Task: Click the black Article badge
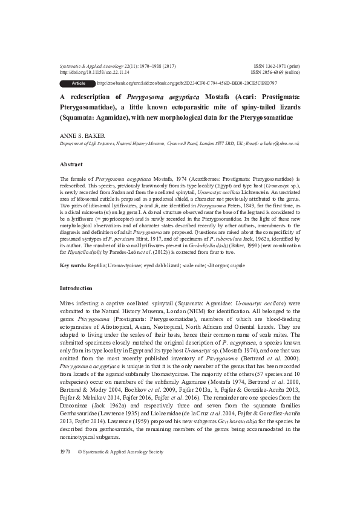(78, 82)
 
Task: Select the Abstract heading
(71, 164)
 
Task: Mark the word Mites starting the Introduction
(68, 301)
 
